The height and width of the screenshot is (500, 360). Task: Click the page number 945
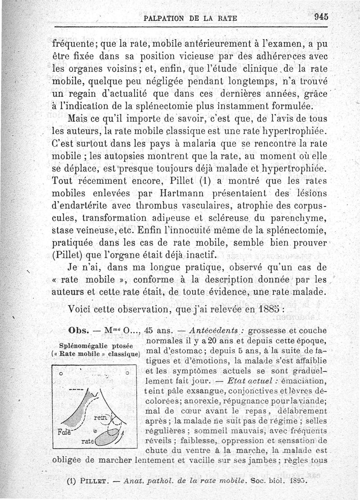pyautogui.click(x=322, y=16)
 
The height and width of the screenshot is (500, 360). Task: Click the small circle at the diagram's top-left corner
pyautogui.click(x=61, y=373)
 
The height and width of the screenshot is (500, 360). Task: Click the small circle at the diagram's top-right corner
pyautogui.click(x=128, y=373)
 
